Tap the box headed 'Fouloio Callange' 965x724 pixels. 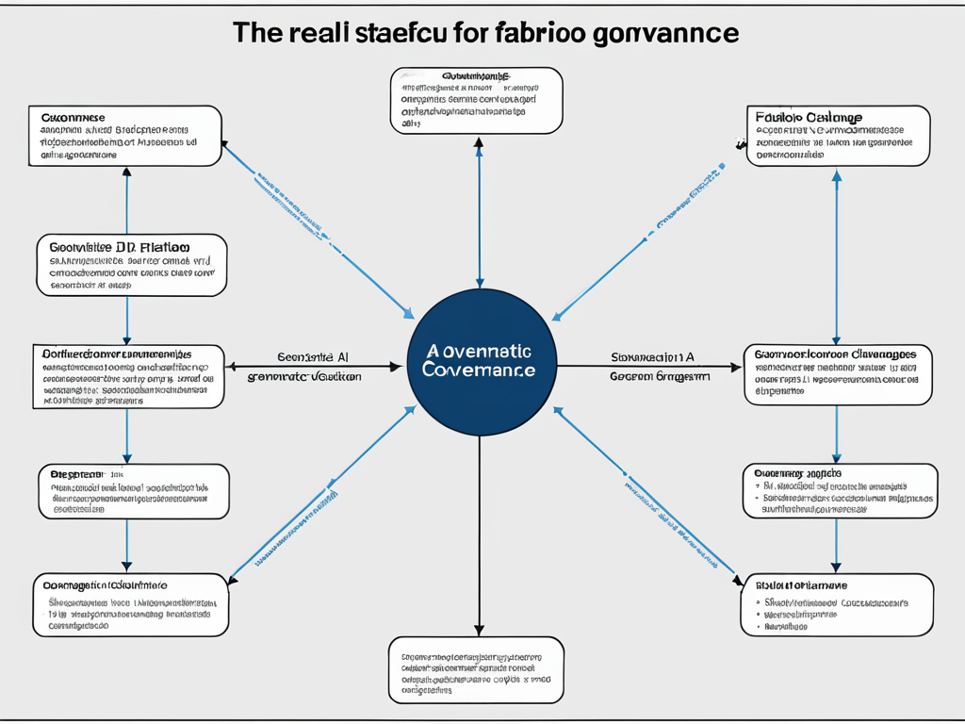tap(838, 136)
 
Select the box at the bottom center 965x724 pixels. tap(476, 669)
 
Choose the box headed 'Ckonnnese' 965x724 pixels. tap(125, 136)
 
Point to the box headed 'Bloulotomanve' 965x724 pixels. tap(838, 604)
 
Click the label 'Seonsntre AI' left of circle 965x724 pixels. tap(313, 357)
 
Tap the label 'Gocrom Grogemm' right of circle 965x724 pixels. tap(660, 375)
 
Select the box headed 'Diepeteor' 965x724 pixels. tap(133, 490)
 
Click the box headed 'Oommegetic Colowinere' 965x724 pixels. tap(130, 604)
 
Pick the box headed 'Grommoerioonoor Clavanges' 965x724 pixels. tap(838, 375)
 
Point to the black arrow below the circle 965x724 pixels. tap(480, 537)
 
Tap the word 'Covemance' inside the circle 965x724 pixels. tap(479, 370)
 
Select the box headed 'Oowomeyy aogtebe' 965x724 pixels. tap(840, 490)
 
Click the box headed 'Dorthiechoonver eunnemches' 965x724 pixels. tap(128, 375)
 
